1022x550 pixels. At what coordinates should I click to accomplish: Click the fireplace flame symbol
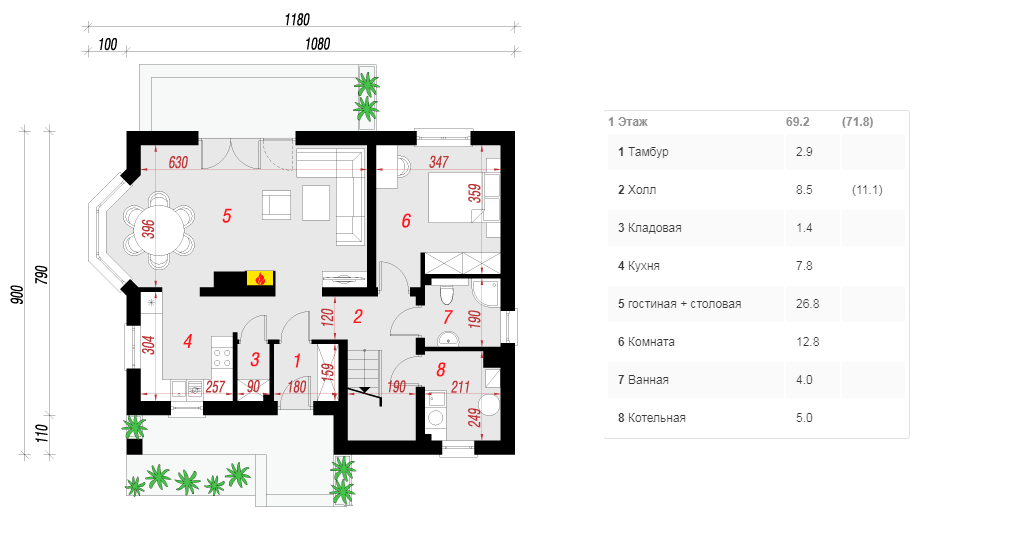260,279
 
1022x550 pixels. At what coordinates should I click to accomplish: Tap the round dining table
160,229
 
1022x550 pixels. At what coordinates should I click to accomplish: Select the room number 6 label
406,221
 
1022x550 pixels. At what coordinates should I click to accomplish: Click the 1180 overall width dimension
297,20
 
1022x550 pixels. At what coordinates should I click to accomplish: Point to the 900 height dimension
18,295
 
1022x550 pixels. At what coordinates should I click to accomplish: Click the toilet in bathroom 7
446,295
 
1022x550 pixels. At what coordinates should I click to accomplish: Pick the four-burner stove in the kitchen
222,356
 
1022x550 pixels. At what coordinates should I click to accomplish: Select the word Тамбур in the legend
648,152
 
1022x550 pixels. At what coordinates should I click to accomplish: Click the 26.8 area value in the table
808,304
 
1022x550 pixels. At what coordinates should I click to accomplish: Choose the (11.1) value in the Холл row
867,190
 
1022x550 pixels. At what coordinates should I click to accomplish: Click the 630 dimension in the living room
178,162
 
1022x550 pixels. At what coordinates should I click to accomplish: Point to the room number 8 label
441,370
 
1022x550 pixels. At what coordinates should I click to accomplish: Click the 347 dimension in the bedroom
439,162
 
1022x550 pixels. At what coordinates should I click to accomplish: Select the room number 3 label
255,359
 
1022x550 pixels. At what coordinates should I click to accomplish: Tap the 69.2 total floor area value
798,122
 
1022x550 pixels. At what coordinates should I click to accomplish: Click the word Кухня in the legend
643,266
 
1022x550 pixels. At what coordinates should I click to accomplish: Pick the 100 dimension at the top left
108,44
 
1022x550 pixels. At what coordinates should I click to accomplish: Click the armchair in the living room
276,205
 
